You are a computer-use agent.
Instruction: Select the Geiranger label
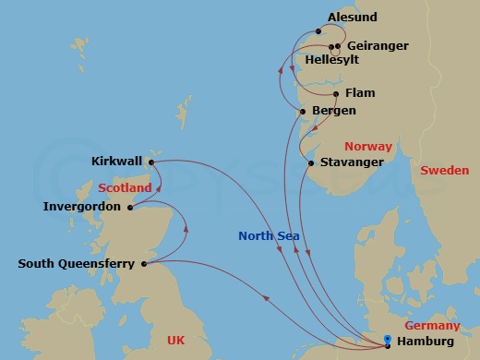click(x=378, y=45)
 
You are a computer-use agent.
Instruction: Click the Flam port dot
click(x=336, y=94)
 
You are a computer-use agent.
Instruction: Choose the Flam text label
click(x=360, y=94)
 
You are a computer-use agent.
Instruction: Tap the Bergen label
click(x=334, y=111)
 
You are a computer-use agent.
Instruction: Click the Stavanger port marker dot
click(x=311, y=163)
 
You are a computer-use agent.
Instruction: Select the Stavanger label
click(x=352, y=163)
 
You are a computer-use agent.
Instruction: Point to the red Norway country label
click(x=367, y=147)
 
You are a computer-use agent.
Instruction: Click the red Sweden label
click(x=444, y=170)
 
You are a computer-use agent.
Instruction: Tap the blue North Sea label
click(x=268, y=235)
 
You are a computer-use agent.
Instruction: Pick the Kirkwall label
click(x=117, y=162)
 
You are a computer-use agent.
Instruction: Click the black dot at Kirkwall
click(x=150, y=162)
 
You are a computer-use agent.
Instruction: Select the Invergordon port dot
click(x=130, y=207)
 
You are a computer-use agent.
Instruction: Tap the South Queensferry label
click(x=76, y=264)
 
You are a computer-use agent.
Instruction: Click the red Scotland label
click(x=124, y=188)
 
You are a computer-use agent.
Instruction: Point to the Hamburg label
click(x=425, y=343)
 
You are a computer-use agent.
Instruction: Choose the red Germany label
click(x=432, y=326)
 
